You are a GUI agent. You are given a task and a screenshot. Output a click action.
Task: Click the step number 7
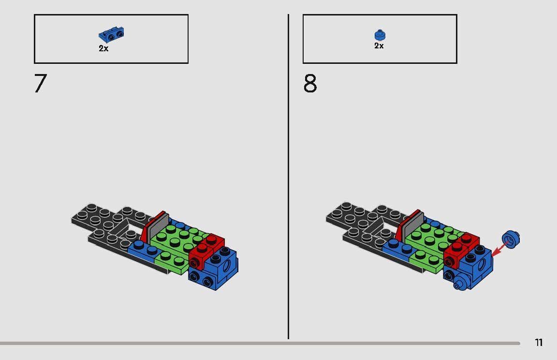[40, 84]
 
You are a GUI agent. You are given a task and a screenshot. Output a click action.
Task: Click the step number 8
[310, 84]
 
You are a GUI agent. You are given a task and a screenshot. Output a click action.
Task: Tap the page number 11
[539, 343]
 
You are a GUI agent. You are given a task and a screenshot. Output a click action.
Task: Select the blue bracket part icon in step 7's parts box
[112, 35]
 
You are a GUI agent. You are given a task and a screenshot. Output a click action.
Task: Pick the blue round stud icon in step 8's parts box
[380, 35]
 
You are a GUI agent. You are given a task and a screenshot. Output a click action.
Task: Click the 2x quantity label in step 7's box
[103, 48]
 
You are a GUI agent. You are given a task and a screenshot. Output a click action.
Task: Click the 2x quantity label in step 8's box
[379, 46]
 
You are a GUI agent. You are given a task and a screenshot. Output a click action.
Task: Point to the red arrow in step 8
[499, 249]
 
